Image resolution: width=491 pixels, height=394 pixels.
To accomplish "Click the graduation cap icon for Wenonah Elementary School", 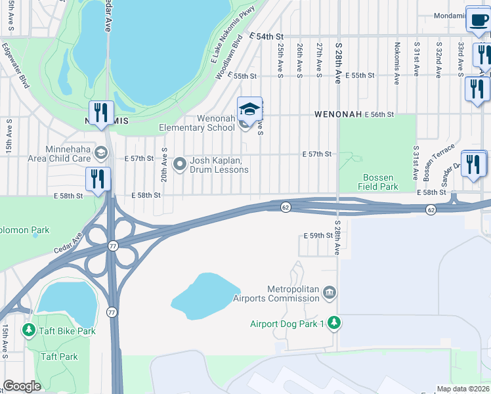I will [x=249, y=108].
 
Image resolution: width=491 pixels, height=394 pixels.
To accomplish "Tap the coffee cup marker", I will [x=477, y=19].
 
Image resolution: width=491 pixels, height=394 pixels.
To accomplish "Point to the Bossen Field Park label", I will [x=379, y=182].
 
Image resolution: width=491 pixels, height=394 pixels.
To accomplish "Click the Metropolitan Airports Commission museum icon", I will [x=330, y=291].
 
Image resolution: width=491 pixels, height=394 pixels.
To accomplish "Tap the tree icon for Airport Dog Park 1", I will [x=335, y=322].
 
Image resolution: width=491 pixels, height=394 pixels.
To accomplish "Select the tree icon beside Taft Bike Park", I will [x=28, y=330].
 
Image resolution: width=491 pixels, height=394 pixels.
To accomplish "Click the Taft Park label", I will [x=59, y=357].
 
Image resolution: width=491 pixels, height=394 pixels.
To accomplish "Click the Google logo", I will [x=22, y=386].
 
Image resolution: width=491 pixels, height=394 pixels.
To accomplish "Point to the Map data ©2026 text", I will [x=463, y=389].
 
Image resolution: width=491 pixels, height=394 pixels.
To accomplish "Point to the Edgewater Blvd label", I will [x=15, y=66].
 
